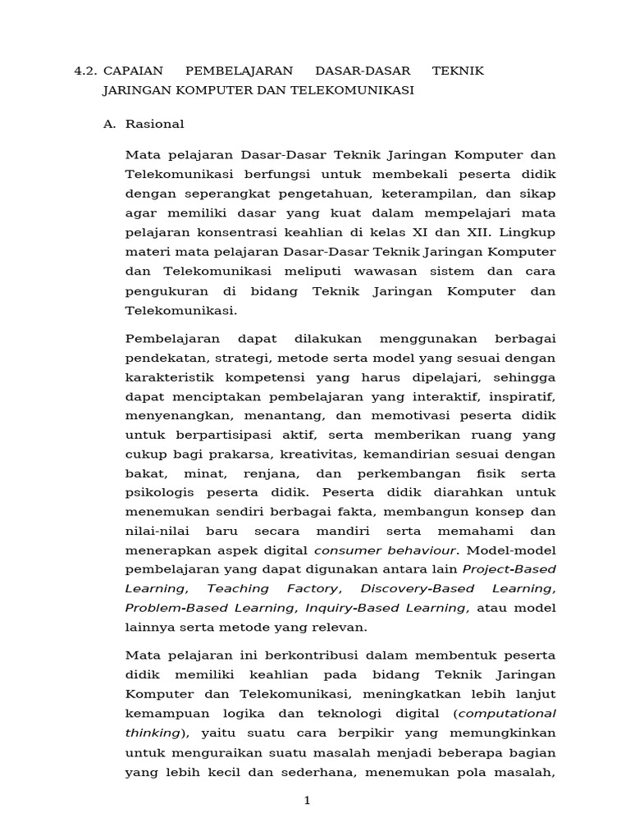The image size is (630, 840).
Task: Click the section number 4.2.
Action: pos(85,71)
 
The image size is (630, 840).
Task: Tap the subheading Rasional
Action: pos(155,124)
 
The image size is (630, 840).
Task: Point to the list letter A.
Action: pos(109,124)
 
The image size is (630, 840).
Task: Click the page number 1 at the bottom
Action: pos(307,801)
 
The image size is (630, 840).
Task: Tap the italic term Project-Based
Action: pos(509,568)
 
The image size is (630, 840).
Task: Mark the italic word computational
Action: pos(509,713)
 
